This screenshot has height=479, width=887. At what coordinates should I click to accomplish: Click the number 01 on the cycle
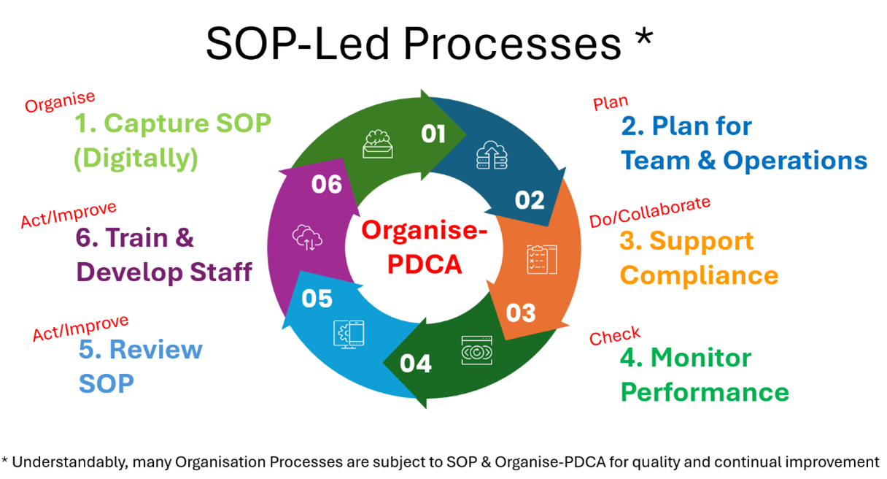[433, 134]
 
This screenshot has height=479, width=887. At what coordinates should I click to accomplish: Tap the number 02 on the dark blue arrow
[530, 200]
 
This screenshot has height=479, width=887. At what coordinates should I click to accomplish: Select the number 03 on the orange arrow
[521, 313]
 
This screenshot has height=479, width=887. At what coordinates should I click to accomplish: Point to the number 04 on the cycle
[415, 364]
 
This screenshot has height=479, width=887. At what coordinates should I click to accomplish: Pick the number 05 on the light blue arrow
[317, 299]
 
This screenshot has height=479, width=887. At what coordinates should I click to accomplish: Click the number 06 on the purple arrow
[326, 184]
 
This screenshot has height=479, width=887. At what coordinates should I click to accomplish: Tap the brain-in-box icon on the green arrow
[378, 144]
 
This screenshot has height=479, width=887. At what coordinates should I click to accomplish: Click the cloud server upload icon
[492, 155]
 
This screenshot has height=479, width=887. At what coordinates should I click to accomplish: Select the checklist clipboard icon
[542, 260]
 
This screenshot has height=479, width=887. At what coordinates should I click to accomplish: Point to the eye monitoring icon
[477, 350]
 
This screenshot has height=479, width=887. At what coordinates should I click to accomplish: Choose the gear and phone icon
[349, 334]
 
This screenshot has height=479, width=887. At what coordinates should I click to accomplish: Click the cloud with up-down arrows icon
[307, 238]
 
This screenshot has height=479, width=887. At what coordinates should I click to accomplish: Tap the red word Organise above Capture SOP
[60, 102]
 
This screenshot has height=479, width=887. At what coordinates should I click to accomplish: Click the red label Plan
[611, 103]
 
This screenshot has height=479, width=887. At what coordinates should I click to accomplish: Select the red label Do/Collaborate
[650, 212]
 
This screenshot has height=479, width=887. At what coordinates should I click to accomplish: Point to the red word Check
[615, 336]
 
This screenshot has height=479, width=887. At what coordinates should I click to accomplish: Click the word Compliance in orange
[699, 275]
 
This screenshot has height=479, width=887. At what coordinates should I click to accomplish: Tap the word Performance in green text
[705, 392]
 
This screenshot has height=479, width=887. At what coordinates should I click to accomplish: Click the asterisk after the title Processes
[644, 38]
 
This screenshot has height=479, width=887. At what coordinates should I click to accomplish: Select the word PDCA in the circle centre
[425, 264]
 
